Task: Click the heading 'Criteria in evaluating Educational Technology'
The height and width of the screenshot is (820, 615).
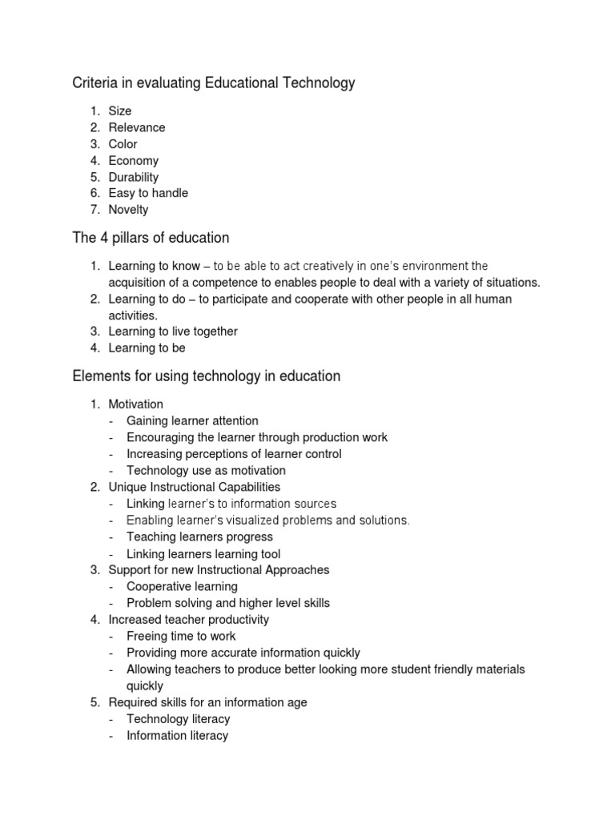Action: [x=213, y=82]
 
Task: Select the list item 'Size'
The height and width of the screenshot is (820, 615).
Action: [x=120, y=111]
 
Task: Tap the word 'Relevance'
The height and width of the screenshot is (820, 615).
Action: [x=137, y=127]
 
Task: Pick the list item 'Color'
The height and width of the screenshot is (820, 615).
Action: [x=123, y=144]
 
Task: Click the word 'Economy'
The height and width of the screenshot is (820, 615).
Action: [x=134, y=161]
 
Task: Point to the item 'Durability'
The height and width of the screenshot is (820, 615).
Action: [x=134, y=177]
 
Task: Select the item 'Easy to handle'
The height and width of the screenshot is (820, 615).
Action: [x=148, y=193]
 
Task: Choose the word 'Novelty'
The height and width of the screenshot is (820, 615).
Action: [x=128, y=210]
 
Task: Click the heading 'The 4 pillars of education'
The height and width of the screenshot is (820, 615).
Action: [x=151, y=238]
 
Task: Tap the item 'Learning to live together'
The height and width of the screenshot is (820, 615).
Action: [x=173, y=332]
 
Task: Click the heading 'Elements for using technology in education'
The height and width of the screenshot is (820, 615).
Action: [x=206, y=376]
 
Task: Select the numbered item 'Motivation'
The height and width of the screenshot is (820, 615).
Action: [x=135, y=404]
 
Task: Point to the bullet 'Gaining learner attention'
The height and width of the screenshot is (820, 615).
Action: [x=192, y=421]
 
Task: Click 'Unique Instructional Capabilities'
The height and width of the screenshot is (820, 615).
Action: [x=195, y=487]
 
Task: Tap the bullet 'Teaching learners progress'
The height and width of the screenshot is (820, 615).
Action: [x=199, y=537]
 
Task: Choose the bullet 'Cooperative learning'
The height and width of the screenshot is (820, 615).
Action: [x=182, y=587]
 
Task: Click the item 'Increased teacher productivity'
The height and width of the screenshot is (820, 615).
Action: [x=189, y=620]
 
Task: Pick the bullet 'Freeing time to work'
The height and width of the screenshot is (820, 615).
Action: [x=181, y=636]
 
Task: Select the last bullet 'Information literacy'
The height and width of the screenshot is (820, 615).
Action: [x=177, y=735]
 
